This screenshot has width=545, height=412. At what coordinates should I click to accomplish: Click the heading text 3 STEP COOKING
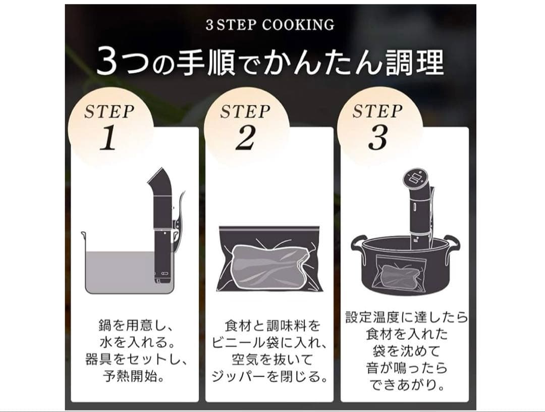click(270, 25)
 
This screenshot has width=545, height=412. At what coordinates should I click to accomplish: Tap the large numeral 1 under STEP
click(108, 139)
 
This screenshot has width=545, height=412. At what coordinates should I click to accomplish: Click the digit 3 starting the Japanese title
click(107, 63)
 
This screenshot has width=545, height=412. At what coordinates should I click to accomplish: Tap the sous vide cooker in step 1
click(162, 227)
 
